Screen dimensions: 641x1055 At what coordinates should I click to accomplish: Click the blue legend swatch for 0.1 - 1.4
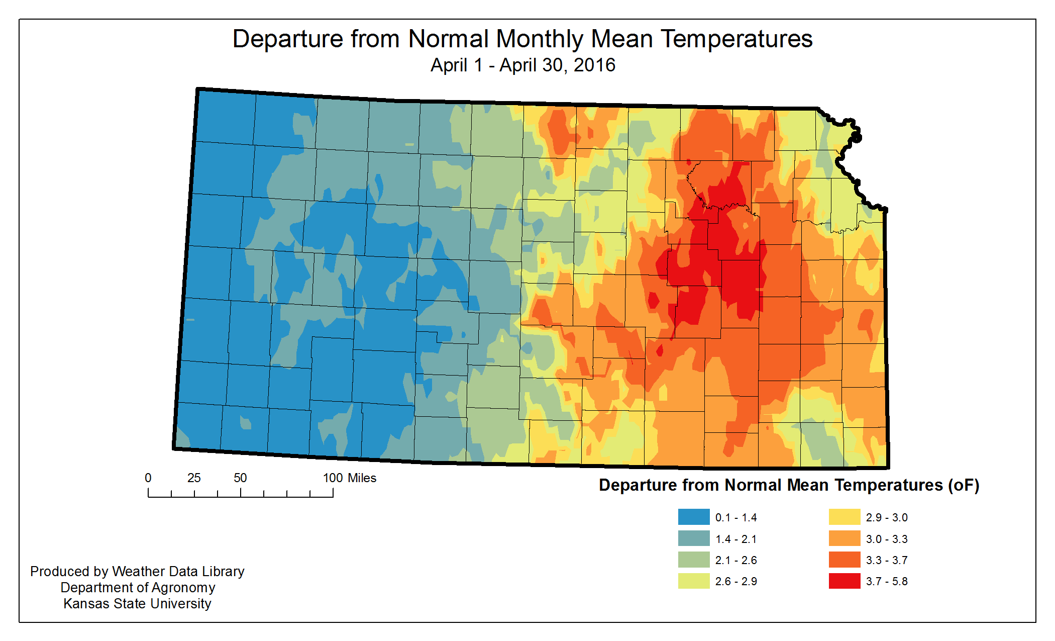click(x=693, y=517)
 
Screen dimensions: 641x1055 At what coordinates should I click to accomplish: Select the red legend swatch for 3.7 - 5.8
click(x=844, y=581)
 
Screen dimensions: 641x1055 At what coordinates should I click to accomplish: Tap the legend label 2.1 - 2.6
click(x=736, y=560)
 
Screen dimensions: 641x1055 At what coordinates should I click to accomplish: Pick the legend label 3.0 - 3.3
click(x=887, y=539)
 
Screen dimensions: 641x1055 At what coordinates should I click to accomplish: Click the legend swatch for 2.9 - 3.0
click(x=844, y=517)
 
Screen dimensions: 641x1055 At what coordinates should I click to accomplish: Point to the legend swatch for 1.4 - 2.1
click(x=693, y=538)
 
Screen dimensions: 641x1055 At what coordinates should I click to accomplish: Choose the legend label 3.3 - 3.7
click(x=887, y=560)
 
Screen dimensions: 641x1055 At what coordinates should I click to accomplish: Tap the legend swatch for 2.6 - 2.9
click(x=693, y=581)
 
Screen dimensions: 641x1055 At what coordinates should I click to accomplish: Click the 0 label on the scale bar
click(x=148, y=478)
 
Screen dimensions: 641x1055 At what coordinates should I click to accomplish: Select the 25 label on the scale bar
click(x=194, y=478)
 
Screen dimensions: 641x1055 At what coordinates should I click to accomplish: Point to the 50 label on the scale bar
click(x=240, y=478)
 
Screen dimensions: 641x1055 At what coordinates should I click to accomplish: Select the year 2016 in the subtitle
click(x=594, y=65)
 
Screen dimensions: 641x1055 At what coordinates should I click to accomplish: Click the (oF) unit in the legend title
click(x=964, y=485)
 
